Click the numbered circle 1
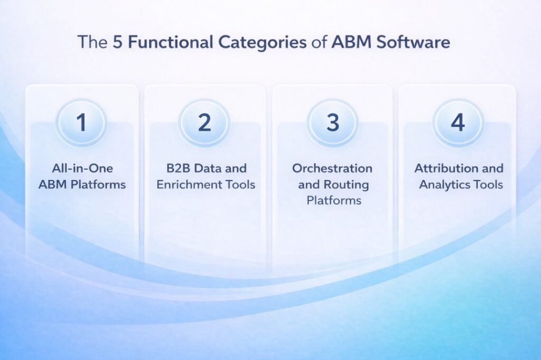pos(81,122)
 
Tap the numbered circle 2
pos(204,122)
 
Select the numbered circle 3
pos(332,122)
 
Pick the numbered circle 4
pos(458,122)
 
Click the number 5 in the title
pos(117,42)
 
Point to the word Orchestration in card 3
pos(332,168)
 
